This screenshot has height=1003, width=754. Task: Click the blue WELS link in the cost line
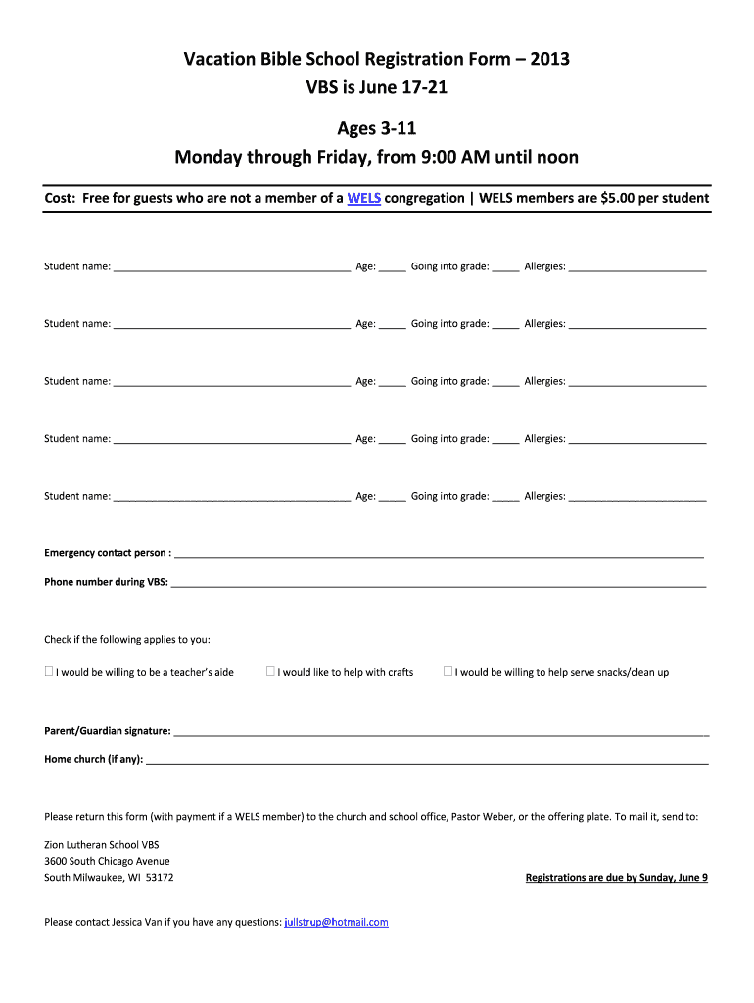tap(364, 198)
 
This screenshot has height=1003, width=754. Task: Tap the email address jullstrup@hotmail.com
tap(336, 922)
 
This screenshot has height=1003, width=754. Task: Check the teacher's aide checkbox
tap(49, 672)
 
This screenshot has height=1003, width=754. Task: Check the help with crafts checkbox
tap(271, 672)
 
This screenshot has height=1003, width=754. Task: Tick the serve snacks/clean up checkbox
tap(448, 672)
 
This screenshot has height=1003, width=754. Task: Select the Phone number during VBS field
tap(439, 583)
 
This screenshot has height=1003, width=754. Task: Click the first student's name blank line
tap(232, 267)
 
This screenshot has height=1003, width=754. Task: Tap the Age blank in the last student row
tap(393, 498)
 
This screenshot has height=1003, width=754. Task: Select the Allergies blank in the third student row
tap(637, 383)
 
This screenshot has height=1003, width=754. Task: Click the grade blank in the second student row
tap(505, 325)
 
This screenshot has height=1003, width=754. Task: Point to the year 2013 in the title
tap(547, 60)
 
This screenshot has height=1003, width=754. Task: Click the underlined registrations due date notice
tap(616, 878)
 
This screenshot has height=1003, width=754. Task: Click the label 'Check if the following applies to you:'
tap(127, 640)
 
